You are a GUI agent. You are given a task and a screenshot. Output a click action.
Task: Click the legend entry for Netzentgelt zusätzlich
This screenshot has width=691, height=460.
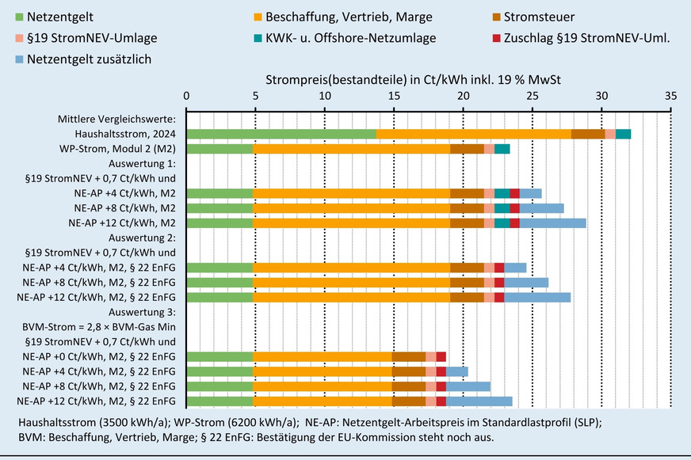point(88,59)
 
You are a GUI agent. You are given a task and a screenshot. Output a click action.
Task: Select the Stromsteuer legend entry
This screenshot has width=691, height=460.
point(538,16)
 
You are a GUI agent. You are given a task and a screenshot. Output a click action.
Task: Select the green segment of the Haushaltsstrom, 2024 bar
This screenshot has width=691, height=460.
point(281,134)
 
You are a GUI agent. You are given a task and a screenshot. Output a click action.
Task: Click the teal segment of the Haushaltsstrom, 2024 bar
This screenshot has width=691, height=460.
point(623,134)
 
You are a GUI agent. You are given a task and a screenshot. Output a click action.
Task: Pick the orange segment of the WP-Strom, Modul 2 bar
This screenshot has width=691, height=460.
point(351,149)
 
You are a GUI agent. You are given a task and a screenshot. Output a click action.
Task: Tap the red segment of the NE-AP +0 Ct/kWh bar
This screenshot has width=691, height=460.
point(441,357)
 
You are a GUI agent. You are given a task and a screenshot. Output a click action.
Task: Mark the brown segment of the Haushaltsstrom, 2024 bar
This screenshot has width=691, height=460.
point(588,134)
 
